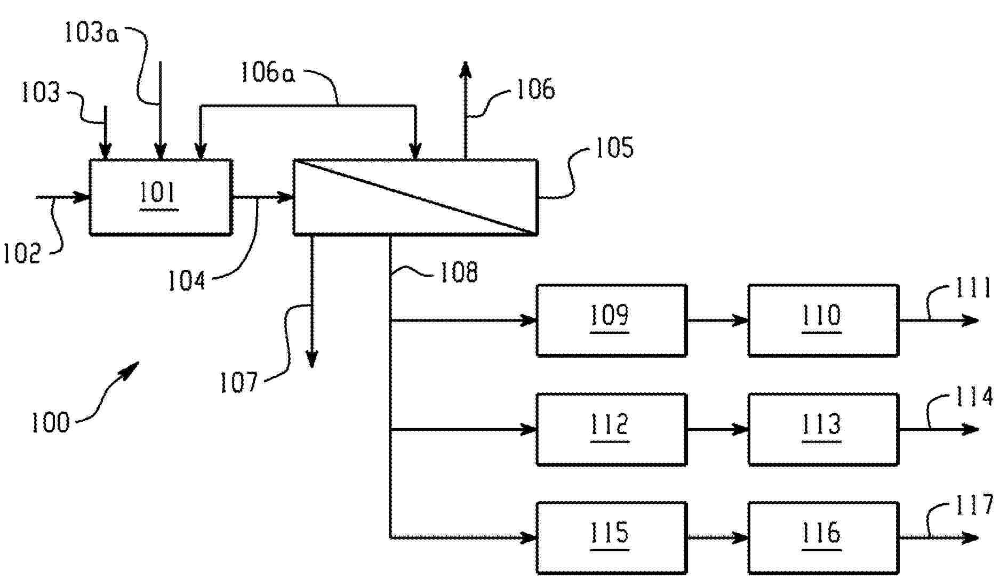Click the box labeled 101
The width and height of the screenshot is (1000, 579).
161,197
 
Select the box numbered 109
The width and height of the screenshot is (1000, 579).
611,320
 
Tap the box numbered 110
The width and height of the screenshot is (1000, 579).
823,320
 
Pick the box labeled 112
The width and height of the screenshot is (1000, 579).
611,430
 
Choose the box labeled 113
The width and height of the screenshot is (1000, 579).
823,430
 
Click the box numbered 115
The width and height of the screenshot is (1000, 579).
611,538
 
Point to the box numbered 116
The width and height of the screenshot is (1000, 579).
823,538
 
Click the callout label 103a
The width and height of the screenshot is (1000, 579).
91,34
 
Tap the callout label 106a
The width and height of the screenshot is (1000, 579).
267,73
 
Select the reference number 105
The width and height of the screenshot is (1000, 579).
614,147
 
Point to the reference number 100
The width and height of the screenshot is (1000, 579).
51,423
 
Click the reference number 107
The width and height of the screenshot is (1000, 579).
239,382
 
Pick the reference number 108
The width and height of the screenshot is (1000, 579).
458,272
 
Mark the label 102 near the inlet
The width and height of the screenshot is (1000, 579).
22,254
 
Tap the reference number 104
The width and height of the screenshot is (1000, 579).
187,280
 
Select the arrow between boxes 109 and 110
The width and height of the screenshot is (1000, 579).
717,320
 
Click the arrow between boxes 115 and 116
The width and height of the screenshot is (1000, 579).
717,538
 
